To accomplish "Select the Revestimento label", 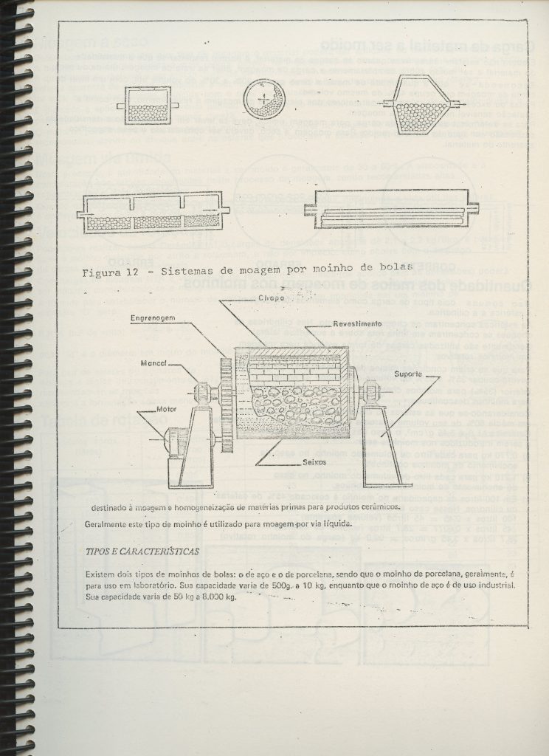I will pos(356,324).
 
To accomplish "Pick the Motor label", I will pos(168,408).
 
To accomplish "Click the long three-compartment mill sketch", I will pos(153,212).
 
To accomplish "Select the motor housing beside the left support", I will pos(174,441).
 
